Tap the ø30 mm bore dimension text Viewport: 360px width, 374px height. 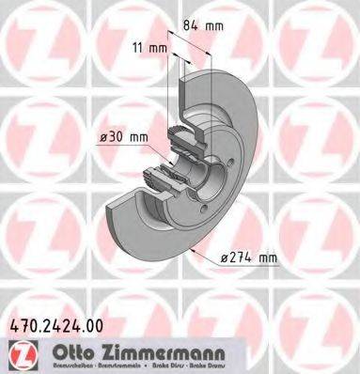click(x=125, y=136)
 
